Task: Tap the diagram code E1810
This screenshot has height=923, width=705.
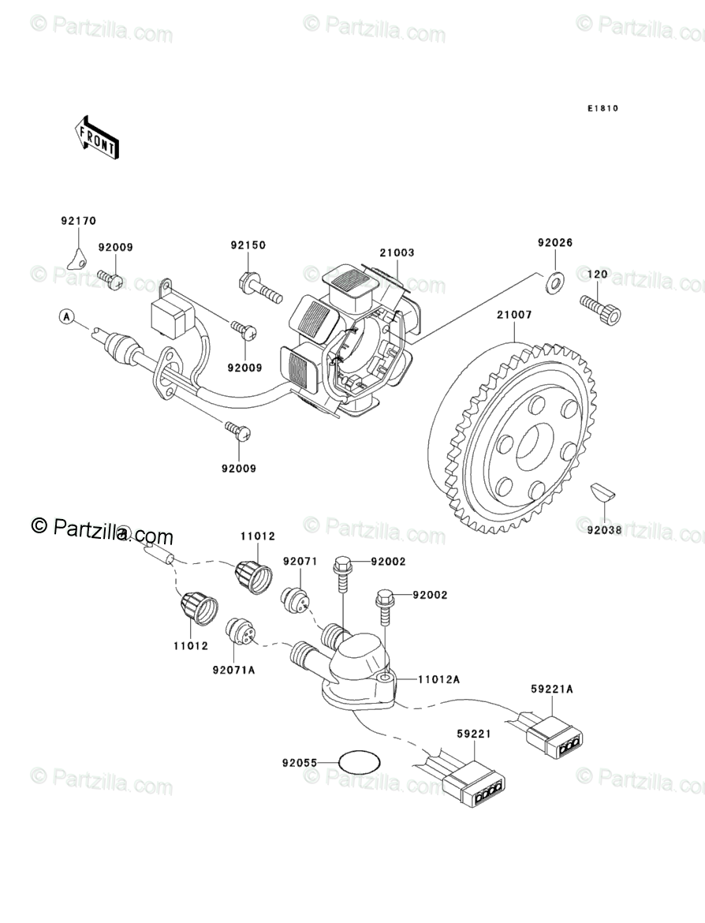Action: pyautogui.click(x=602, y=109)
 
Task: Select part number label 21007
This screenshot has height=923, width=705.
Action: pyautogui.click(x=514, y=315)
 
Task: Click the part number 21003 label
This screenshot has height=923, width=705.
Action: pyautogui.click(x=397, y=253)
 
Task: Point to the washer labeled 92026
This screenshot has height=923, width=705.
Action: pyautogui.click(x=555, y=278)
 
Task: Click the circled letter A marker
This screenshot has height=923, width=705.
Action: pyautogui.click(x=67, y=316)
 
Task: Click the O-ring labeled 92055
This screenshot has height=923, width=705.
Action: pyautogui.click(x=360, y=763)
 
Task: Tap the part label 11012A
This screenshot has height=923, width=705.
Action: pyautogui.click(x=438, y=678)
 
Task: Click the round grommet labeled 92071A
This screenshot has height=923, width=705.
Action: pyautogui.click(x=237, y=630)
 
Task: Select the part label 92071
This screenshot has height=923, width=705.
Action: pyautogui.click(x=300, y=562)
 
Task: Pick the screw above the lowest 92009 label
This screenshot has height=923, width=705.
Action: pyautogui.click(x=237, y=430)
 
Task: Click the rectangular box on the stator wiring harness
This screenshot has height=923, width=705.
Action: pyautogui.click(x=171, y=317)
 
